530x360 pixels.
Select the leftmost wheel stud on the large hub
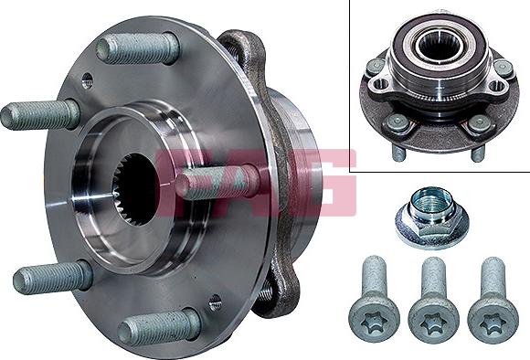pos(41,114)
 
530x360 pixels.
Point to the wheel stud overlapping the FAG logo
pos(214,182)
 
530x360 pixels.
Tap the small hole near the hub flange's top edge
pos(86,81)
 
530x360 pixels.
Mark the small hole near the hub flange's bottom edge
pos(215,301)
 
